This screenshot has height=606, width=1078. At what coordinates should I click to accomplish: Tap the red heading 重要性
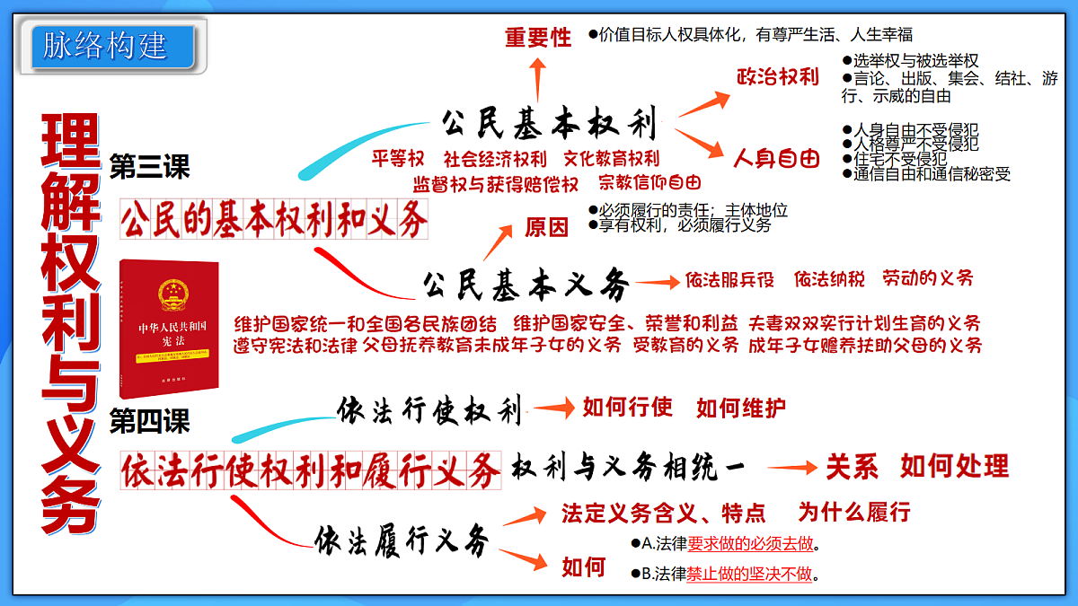coord(537,38)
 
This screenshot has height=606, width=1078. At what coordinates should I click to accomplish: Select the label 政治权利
coord(777,77)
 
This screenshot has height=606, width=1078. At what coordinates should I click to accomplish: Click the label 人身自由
coord(777,160)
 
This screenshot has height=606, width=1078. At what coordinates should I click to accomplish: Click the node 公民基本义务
coord(526,285)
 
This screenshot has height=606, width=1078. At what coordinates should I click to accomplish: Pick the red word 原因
coord(546,228)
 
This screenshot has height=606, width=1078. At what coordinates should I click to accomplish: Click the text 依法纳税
coord(829,279)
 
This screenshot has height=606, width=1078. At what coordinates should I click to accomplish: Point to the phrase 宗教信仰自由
coord(649,183)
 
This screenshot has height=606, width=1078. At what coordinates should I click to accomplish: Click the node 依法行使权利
coord(429,411)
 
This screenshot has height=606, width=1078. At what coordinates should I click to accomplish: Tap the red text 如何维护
coord(740,408)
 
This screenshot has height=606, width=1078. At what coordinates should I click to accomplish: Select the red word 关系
coord(852,467)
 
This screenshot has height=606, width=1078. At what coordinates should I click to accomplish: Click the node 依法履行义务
coord(402,540)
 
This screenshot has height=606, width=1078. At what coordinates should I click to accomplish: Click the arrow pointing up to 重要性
coord(537,81)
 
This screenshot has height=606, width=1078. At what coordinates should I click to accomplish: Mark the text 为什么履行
coord(853,513)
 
